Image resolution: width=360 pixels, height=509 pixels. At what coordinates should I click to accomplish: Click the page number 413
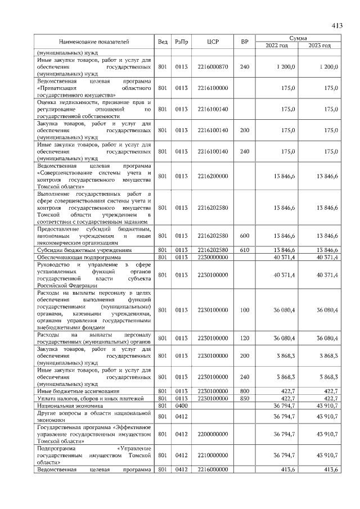click(x=337, y=25)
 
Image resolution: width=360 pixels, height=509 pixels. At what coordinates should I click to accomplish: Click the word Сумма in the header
click(x=298, y=38)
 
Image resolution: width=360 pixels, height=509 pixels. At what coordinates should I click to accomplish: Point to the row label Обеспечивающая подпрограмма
click(x=74, y=256)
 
